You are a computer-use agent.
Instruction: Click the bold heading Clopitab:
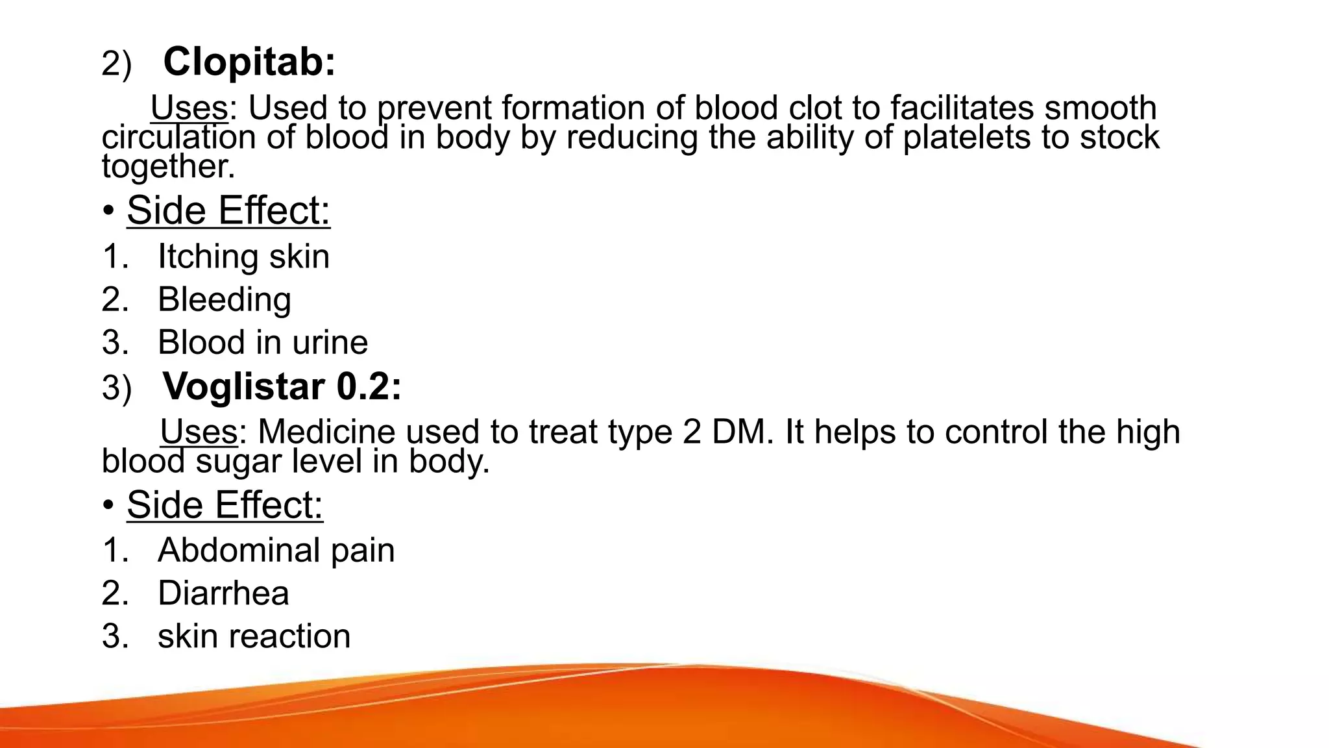coord(249,62)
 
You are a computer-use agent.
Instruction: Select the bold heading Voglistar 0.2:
coord(282,387)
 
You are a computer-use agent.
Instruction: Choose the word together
coord(168,166)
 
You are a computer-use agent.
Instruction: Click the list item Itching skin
coord(243,256)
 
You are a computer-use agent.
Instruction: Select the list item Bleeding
coord(224,300)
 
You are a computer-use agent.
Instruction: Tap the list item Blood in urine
coord(262,342)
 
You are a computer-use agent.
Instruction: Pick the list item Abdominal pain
coord(276,551)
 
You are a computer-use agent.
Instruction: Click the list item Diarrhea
coord(223,593)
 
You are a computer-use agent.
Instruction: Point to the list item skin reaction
coord(254,636)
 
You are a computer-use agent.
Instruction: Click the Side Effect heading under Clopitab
coord(228,211)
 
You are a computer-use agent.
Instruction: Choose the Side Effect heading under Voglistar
coord(225,505)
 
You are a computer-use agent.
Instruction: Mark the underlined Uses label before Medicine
coord(199,432)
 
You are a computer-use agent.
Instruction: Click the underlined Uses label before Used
coord(189,108)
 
